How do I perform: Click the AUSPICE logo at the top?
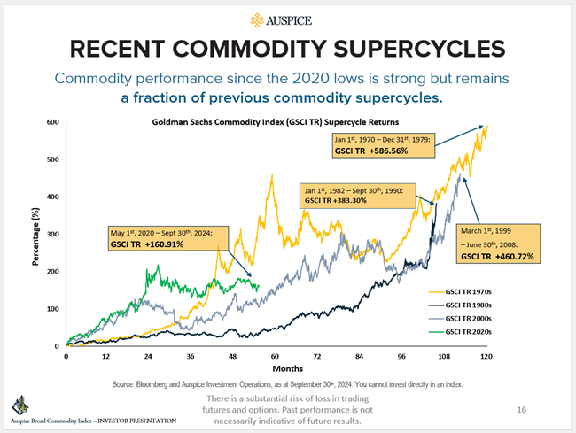[x=287, y=19]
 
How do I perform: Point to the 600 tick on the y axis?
[x=51, y=122]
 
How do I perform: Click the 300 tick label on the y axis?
[x=51, y=234]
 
